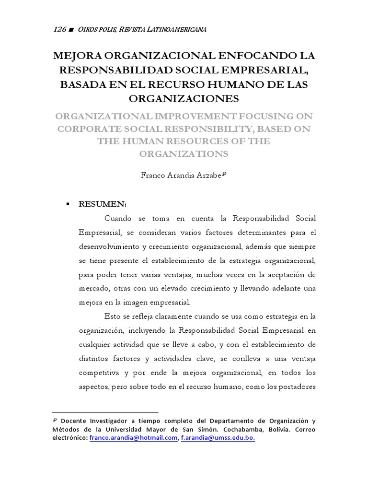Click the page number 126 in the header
click(59, 30)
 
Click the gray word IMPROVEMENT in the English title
click(187, 116)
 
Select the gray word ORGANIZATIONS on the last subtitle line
click(184, 154)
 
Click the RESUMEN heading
click(103, 204)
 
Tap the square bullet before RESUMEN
click(68, 204)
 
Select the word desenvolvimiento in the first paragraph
click(108, 246)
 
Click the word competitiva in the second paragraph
click(99, 373)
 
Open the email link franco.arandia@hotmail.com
click(133, 438)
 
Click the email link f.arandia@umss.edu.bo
click(218, 438)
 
